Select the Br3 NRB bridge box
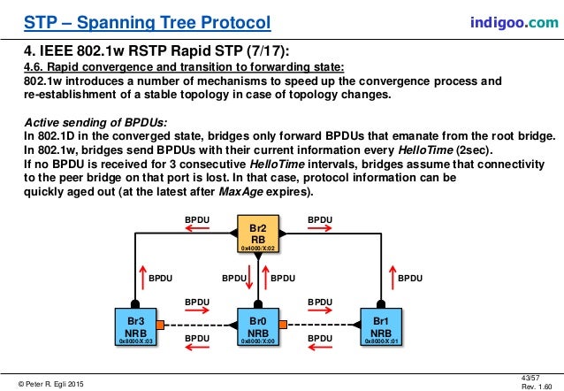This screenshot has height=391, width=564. tap(136, 326)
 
